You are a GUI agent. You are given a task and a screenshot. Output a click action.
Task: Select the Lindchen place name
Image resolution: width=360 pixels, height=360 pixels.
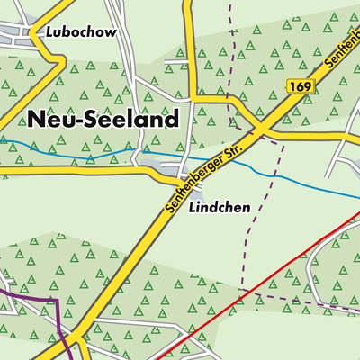(220, 207)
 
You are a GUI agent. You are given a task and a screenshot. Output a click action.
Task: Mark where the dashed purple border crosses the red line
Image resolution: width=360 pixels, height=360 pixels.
(241, 292)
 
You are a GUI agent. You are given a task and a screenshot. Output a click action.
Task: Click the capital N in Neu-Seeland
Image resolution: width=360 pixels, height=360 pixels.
(37, 120)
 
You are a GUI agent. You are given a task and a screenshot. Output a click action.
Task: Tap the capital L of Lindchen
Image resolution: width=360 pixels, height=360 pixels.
(193, 207)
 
